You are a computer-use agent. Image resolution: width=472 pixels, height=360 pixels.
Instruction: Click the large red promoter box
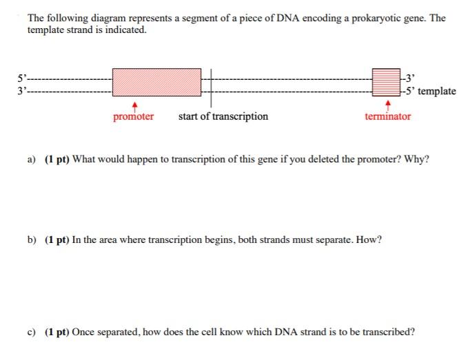click(x=156, y=82)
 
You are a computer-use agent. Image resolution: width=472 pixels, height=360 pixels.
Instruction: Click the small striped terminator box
click(x=386, y=82)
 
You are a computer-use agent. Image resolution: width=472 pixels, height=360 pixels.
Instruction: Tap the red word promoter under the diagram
click(x=134, y=117)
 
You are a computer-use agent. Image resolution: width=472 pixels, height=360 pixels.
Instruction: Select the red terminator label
click(x=388, y=116)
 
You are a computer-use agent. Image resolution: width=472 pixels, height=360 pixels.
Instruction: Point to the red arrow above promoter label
click(x=135, y=107)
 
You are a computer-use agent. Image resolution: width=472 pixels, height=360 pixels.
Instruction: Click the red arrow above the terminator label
click(x=388, y=105)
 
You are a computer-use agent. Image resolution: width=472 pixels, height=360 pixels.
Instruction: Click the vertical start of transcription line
click(x=211, y=88)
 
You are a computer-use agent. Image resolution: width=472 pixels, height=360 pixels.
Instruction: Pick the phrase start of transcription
click(x=223, y=117)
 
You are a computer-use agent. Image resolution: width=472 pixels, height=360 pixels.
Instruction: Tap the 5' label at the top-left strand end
click(x=22, y=78)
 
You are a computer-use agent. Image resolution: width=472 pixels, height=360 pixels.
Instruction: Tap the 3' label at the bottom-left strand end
click(x=22, y=91)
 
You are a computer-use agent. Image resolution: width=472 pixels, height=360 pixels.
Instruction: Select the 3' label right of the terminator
click(x=410, y=78)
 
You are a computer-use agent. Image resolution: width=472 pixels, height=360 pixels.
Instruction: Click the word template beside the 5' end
click(x=437, y=91)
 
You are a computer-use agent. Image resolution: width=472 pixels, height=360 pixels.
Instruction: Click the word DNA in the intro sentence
click(x=288, y=18)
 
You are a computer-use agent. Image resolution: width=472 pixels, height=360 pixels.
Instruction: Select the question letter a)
click(x=31, y=159)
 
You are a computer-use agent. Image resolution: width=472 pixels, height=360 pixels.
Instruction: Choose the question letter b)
click(x=32, y=240)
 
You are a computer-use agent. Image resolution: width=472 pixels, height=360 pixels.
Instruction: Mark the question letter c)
click(x=31, y=332)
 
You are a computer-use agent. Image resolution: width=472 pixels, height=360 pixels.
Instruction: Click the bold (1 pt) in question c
click(x=57, y=332)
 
